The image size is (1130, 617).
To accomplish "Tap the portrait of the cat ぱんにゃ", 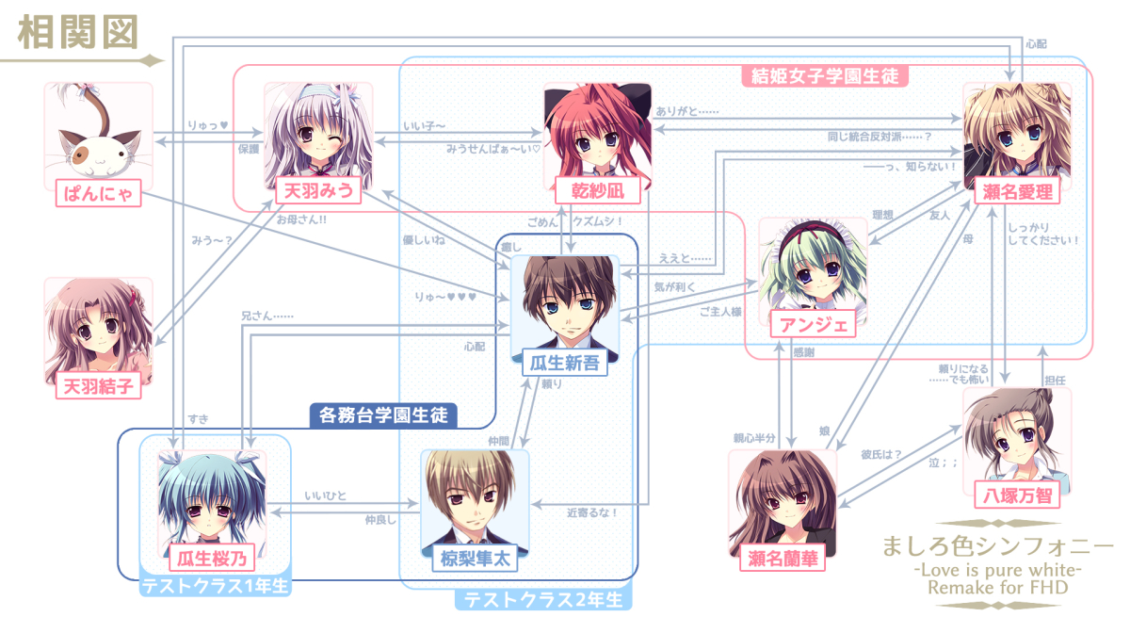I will point(98,132).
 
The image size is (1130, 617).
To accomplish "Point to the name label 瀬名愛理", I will point(1017,192).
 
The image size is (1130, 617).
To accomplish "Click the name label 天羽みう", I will point(318,192).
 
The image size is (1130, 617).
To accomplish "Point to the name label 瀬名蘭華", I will point(783,559).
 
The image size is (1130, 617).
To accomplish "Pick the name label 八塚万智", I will point(1017,495).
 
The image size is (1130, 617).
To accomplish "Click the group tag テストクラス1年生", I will point(216,587).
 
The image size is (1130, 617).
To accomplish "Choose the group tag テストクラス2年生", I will point(544,599).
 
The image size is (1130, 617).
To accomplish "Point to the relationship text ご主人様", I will point(720,311).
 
